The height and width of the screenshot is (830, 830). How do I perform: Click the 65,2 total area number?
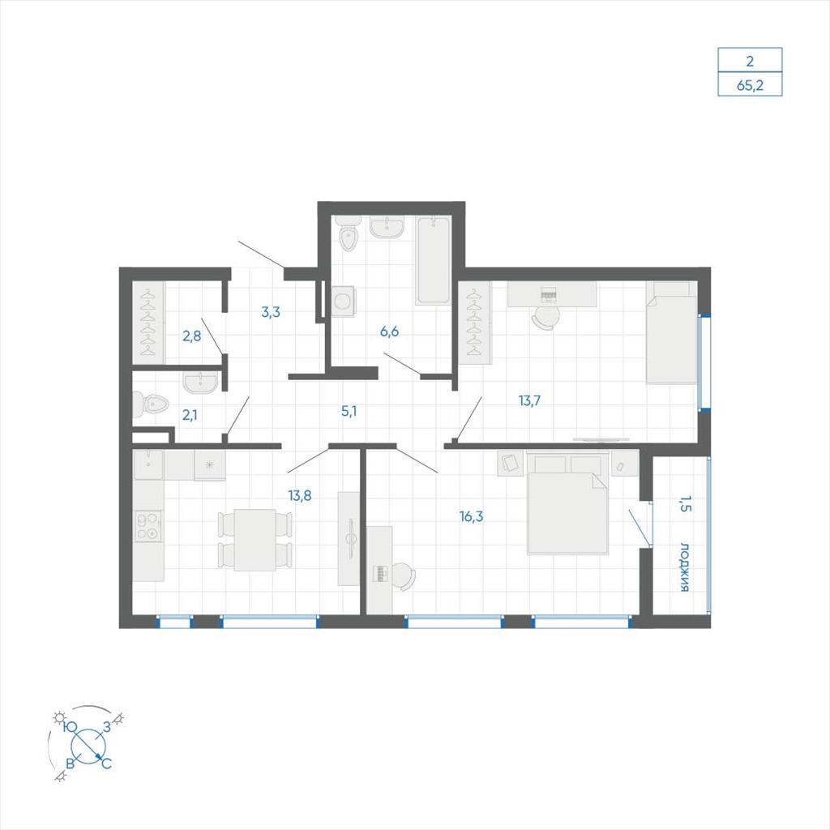(x=750, y=84)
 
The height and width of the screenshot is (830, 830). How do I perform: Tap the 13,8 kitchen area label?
(x=300, y=495)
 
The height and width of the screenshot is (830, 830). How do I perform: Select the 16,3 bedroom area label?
(x=471, y=516)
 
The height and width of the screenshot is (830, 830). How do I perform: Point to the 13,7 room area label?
(x=529, y=400)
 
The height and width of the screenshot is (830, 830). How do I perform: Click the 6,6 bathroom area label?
(x=389, y=332)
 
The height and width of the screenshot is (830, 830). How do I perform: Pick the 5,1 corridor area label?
(x=349, y=411)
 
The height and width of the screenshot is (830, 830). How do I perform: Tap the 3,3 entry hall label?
(x=271, y=312)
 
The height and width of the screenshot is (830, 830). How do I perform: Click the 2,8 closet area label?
(x=191, y=336)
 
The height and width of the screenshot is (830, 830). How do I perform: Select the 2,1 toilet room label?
(x=190, y=415)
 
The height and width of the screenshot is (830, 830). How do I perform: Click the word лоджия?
(x=684, y=567)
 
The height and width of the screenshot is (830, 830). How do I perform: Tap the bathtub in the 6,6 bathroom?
(x=433, y=260)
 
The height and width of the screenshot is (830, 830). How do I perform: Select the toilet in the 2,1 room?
(x=150, y=404)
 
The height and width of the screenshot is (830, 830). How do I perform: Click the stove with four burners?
(x=149, y=526)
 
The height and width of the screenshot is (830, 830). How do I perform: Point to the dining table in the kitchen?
(x=255, y=540)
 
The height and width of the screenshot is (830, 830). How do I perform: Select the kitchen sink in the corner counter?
(x=148, y=464)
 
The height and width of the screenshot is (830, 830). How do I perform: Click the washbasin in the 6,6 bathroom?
(x=387, y=227)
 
